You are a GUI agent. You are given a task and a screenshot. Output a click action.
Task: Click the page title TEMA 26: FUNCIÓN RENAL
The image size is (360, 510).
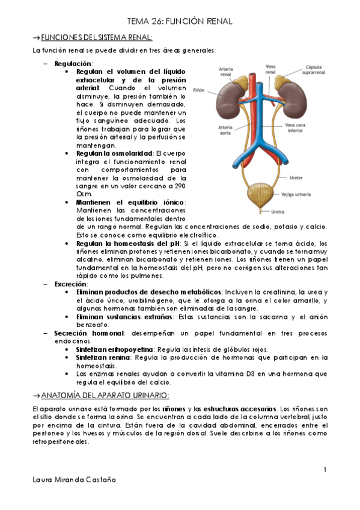point(180,21)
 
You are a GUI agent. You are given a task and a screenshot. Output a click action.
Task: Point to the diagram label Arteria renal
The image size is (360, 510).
point(226,72)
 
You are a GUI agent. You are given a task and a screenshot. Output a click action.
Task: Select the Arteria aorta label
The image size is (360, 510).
point(226,131)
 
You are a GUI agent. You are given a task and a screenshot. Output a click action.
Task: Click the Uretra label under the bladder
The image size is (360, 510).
point(278,212)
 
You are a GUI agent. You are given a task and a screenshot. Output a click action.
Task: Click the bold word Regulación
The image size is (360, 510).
point(73,63)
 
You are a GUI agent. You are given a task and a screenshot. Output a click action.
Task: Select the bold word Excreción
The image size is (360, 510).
point(71,284)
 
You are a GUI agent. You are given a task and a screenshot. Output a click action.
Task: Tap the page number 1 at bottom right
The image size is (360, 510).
point(325,469)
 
